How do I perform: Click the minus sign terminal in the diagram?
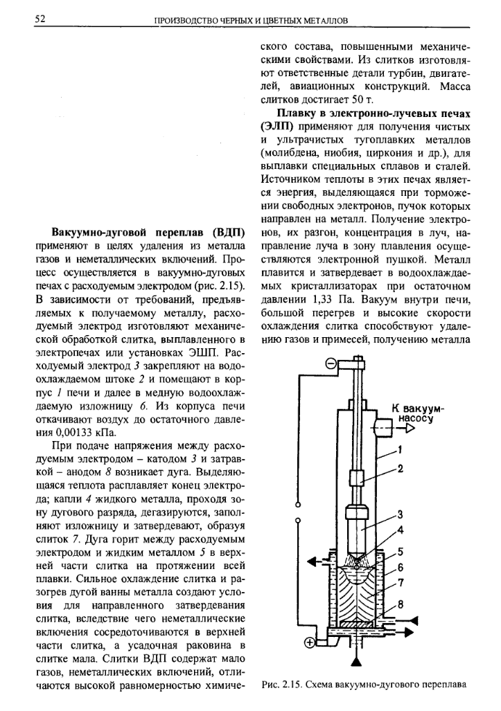[x=331, y=362]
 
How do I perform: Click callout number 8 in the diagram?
[x=401, y=604]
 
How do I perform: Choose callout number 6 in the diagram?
[x=401, y=567]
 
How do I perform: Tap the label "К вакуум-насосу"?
[x=417, y=413]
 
